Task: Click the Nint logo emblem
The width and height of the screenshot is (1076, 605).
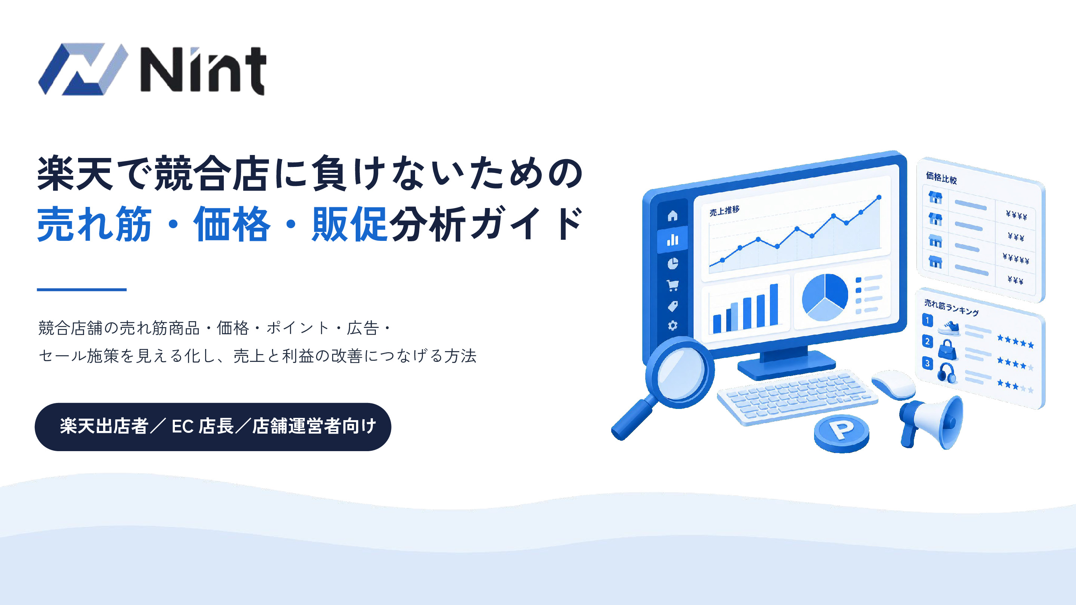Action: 83,69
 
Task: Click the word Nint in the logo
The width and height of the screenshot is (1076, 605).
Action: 203,70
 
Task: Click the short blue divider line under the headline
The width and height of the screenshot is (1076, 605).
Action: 81,289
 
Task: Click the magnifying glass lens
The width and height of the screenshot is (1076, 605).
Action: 680,373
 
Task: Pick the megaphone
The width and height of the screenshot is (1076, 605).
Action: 932,422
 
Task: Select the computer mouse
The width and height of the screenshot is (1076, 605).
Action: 893,385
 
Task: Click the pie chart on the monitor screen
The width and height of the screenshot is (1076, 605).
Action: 825,297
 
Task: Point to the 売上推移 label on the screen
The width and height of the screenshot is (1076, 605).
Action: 724,210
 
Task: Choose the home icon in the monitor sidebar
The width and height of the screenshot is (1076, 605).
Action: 672,216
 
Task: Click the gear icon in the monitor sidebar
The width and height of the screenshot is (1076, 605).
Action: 672,325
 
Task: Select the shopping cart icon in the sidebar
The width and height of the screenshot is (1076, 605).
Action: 672,285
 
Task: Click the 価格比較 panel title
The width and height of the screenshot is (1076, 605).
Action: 941,178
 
